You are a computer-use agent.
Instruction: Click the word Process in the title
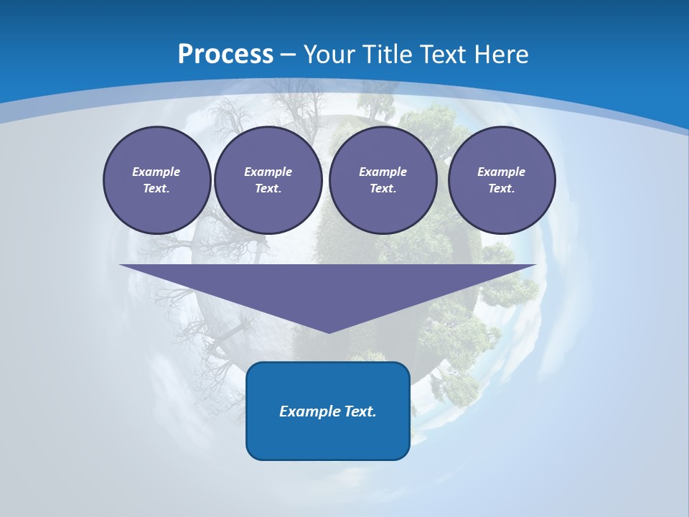point(225,54)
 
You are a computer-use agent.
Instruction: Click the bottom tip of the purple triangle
point(329,332)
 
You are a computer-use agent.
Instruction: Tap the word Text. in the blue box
point(360,411)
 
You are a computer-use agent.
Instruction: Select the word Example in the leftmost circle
point(156,172)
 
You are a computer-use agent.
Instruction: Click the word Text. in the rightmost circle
point(502,188)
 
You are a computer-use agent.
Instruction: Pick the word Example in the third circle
point(383,172)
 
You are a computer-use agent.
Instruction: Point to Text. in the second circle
point(268,188)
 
